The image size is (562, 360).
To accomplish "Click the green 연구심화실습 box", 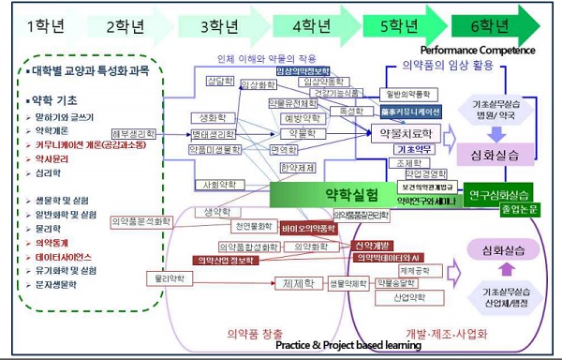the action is point(496,194).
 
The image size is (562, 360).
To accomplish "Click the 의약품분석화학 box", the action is point(141,221).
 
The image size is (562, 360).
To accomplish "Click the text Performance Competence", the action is point(478,50).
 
